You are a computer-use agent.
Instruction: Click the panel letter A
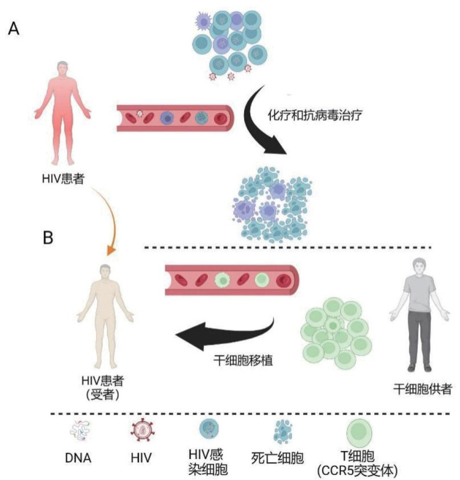point(14,29)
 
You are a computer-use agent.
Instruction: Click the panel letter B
point(48,237)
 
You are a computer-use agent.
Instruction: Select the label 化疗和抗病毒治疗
point(315,115)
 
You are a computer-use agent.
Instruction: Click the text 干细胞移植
point(243,360)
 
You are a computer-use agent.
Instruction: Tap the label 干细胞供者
point(423,389)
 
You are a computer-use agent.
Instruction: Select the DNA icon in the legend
point(80,430)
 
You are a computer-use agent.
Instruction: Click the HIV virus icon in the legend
point(143,430)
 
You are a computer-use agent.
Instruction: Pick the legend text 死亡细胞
point(277,458)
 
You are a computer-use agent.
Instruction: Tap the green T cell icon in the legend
point(359,433)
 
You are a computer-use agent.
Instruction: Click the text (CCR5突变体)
point(358,470)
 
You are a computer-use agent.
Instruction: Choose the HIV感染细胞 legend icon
point(209,428)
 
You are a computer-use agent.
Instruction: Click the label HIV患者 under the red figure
point(63,179)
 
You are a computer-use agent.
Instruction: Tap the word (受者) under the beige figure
point(103,394)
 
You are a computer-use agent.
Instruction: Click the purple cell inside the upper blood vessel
point(167,118)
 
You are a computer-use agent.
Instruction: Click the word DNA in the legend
point(78,458)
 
